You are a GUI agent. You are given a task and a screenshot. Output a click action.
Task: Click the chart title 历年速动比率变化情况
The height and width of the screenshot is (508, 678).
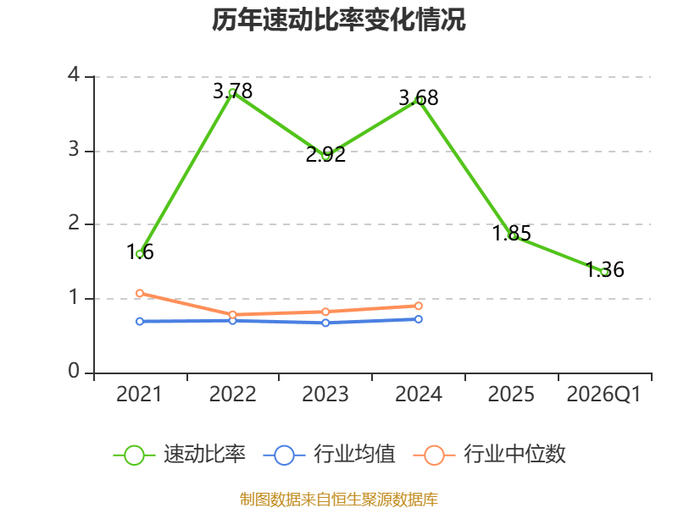point(338,19)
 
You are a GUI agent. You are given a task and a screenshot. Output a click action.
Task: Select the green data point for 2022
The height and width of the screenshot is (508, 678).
point(232,92)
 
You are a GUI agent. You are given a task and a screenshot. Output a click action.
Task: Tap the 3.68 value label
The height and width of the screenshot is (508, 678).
point(418,97)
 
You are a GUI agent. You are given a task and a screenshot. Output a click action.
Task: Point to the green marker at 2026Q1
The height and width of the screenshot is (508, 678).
point(604,272)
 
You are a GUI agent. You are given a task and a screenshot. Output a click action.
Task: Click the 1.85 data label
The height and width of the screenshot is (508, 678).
point(512,234)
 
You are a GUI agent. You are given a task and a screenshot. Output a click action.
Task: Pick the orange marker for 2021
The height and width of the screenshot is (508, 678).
point(140,293)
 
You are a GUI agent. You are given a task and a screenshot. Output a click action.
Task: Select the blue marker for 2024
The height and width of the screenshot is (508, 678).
point(419,319)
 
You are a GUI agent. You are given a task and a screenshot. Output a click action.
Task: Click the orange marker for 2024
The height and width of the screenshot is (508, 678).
point(419,306)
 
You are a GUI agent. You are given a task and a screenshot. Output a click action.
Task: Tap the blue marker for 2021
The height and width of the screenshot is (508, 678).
point(140,322)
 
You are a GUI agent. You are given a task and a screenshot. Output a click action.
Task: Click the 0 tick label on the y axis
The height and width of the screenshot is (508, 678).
point(74,371)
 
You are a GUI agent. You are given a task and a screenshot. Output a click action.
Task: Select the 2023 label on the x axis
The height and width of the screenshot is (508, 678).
point(325,395)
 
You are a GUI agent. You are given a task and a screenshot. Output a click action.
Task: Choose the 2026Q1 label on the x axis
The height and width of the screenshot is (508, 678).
point(603,395)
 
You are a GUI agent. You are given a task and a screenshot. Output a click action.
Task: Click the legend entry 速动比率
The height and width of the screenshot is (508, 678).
point(180,455)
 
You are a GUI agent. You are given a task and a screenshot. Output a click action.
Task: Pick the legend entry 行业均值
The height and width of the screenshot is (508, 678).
point(330,455)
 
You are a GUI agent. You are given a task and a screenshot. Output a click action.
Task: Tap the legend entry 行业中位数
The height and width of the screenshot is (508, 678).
point(490,455)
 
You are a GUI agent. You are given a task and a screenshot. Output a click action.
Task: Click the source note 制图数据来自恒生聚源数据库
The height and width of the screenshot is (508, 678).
point(339,500)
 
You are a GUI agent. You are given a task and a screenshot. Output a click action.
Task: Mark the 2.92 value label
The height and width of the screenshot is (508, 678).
point(325,155)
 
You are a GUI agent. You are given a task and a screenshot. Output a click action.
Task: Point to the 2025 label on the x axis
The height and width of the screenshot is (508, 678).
point(511,395)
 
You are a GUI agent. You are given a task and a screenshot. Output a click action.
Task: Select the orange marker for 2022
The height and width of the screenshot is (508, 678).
point(232,315)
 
